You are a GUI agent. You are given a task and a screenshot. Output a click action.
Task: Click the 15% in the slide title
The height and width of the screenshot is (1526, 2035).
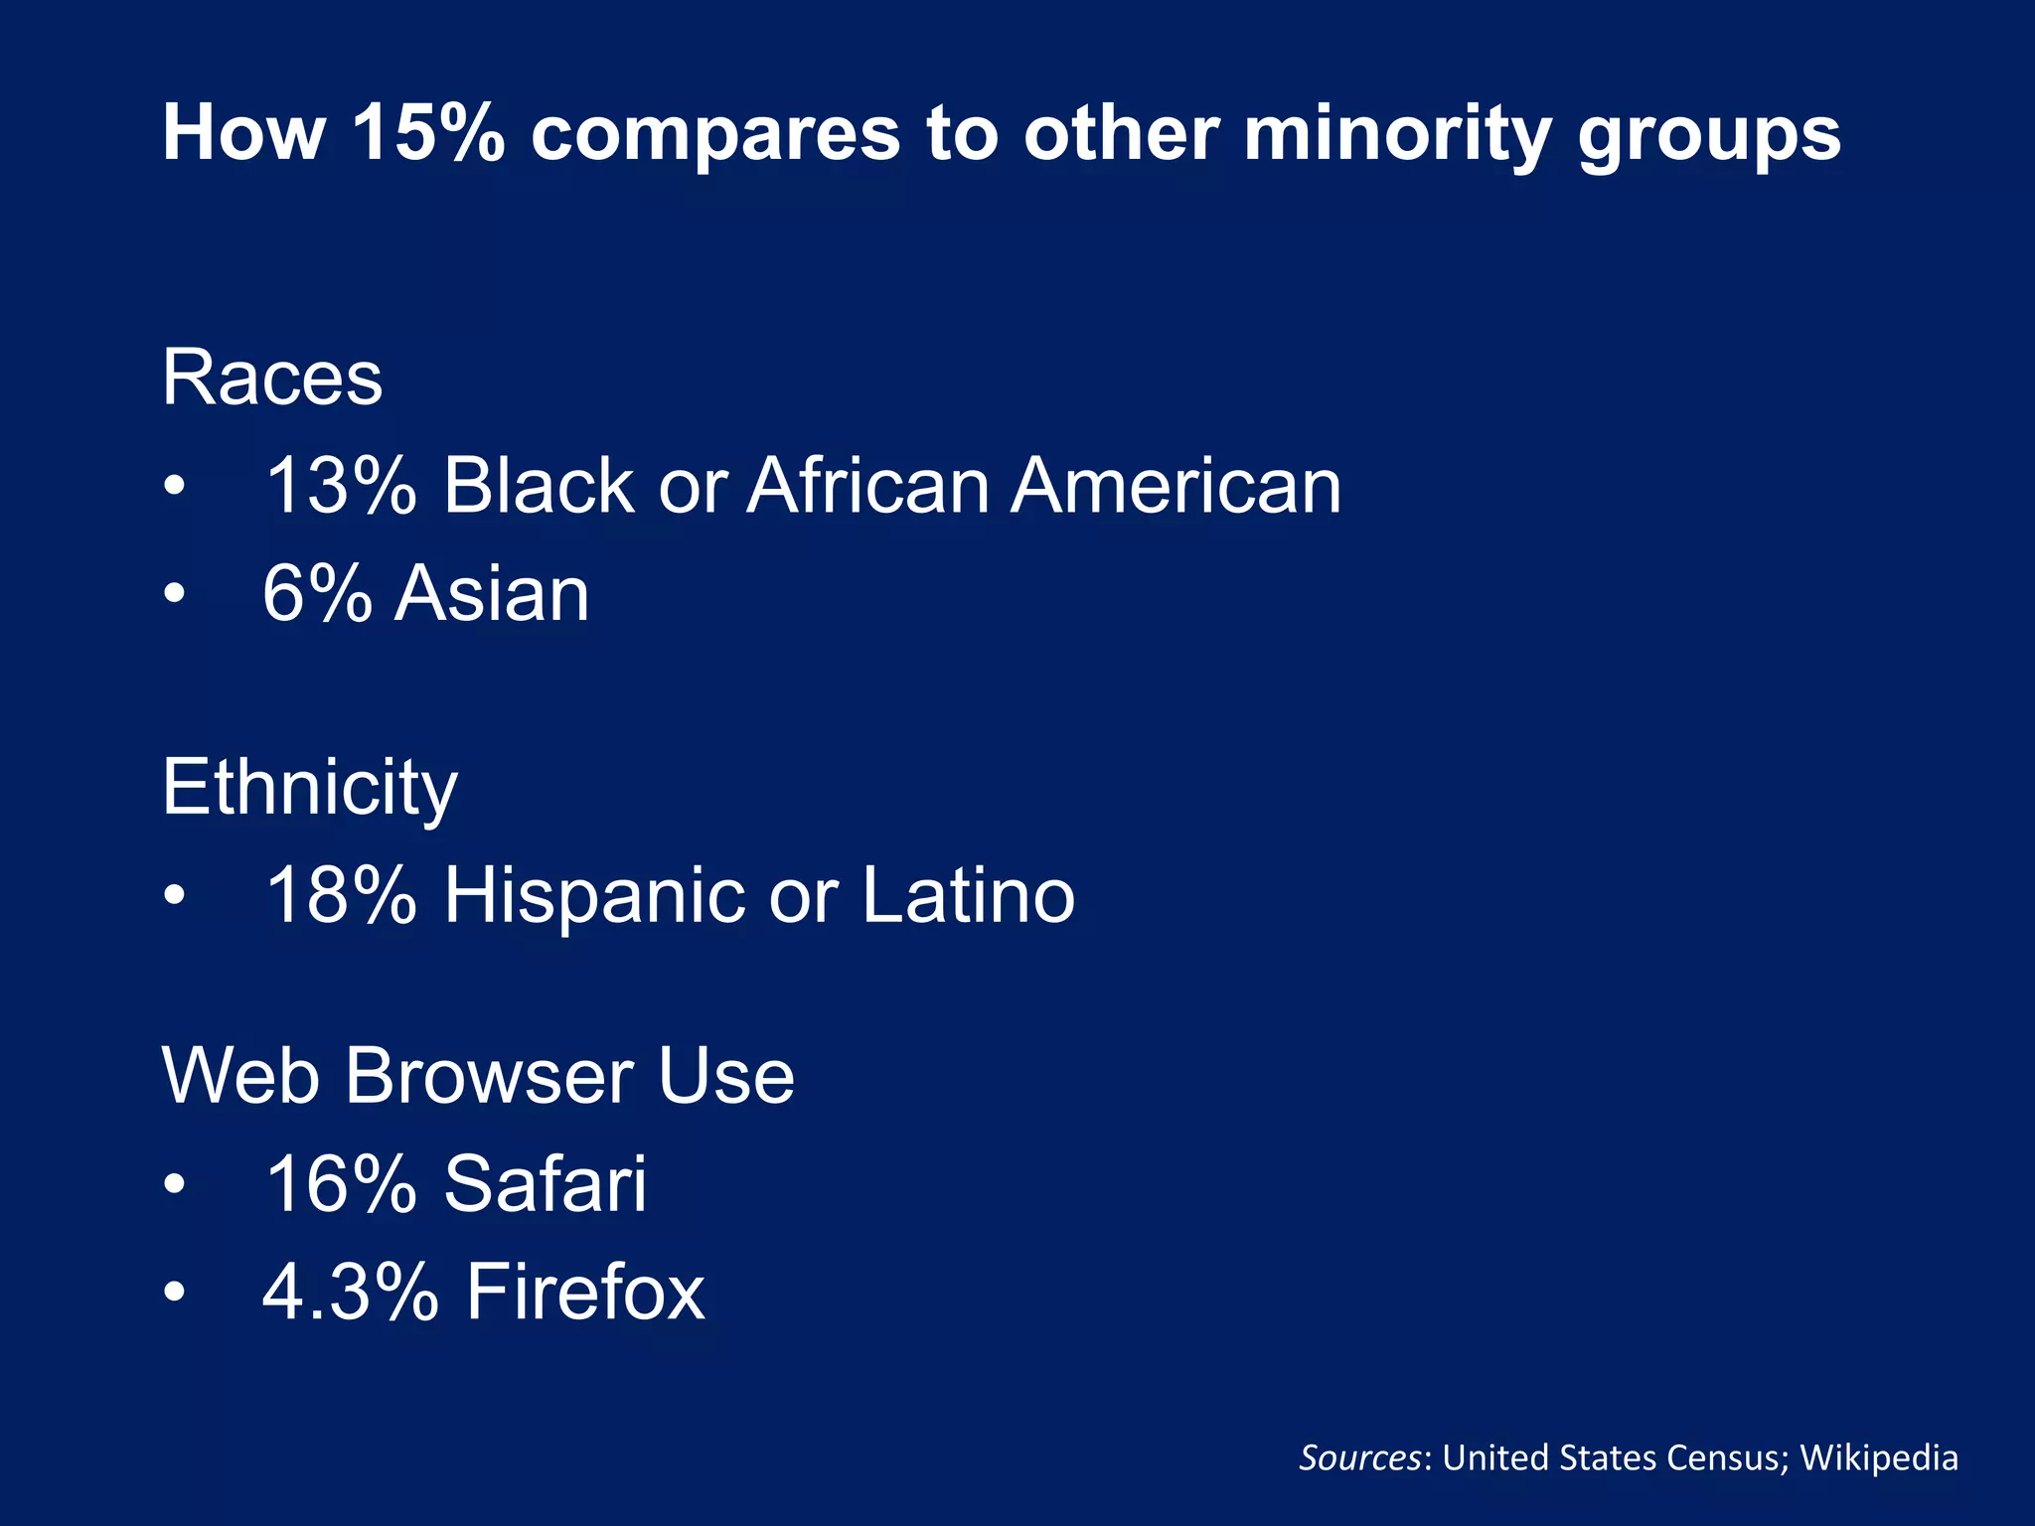(x=427, y=133)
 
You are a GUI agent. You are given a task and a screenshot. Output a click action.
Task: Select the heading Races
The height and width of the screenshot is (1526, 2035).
(x=272, y=379)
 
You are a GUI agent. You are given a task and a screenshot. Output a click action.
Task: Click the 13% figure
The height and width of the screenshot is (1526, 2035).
(x=340, y=487)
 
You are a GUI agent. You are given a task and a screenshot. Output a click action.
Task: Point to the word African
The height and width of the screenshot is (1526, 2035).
(x=867, y=487)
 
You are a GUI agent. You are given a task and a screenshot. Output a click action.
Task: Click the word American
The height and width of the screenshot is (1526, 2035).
(x=1175, y=487)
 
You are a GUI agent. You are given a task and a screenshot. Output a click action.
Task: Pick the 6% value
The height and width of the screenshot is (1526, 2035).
(x=317, y=594)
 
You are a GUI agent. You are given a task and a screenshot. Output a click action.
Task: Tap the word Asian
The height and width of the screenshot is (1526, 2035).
(x=492, y=594)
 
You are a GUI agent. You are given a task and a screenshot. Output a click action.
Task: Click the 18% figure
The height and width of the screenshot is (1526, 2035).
(x=340, y=896)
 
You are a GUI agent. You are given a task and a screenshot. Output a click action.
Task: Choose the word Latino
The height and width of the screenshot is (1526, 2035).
(x=968, y=896)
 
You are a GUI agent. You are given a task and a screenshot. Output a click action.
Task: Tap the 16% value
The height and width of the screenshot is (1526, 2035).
(x=340, y=1185)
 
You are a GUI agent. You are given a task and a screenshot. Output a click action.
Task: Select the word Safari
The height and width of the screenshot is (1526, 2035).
(x=545, y=1185)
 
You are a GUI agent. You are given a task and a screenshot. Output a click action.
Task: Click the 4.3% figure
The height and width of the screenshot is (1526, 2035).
(x=350, y=1293)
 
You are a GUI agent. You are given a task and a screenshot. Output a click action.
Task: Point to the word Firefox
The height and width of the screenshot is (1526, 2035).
(x=585, y=1293)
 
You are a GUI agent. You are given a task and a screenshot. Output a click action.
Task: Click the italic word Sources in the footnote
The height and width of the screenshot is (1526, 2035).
(x=1359, y=1458)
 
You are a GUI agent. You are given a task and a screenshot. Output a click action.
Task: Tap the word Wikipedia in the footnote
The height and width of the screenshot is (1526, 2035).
(x=1879, y=1458)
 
